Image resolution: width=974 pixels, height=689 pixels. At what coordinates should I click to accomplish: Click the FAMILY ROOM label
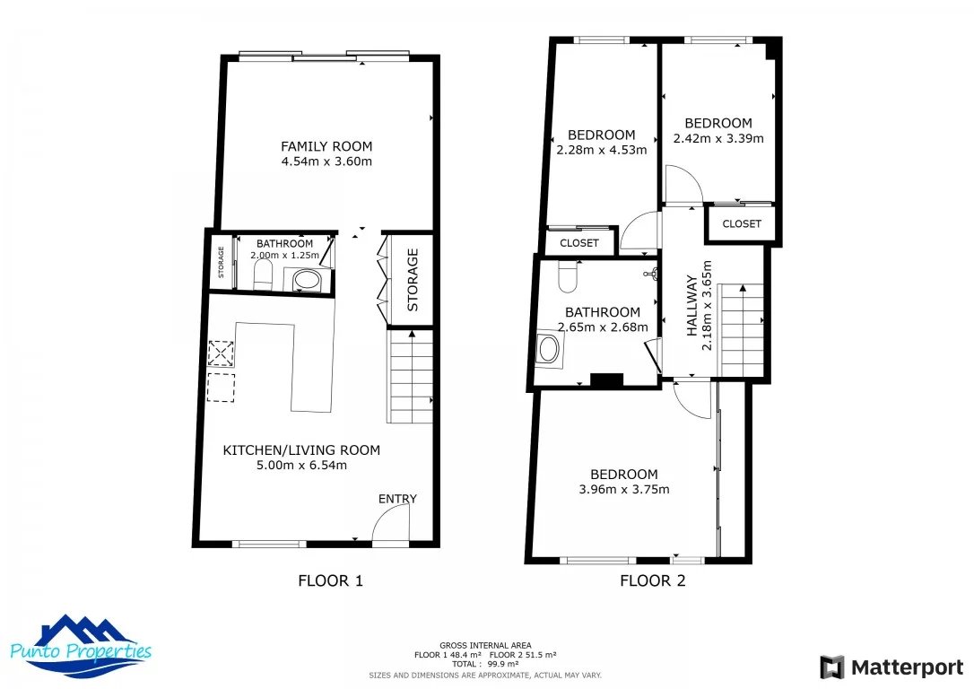[x=326, y=146]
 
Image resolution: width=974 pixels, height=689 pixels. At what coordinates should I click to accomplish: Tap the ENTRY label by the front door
[x=397, y=499]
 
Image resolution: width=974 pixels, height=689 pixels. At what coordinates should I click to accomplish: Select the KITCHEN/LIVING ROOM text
[x=301, y=450]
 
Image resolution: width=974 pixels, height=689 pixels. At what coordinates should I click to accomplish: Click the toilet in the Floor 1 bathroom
[x=264, y=275]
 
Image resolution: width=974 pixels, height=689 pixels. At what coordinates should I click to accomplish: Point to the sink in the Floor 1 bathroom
[x=306, y=280]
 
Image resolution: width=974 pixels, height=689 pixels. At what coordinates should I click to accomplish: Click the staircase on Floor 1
[x=410, y=377]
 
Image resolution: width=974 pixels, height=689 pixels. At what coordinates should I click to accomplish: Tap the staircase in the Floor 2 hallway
[x=741, y=330]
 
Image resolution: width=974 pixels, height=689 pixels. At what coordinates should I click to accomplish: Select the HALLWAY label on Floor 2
[x=691, y=306]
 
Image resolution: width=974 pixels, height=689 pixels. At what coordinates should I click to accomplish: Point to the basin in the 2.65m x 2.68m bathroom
[x=549, y=349]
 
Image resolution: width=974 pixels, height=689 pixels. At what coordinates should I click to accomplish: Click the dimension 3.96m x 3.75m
[x=624, y=490]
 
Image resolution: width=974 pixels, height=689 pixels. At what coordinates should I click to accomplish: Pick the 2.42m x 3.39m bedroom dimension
[x=718, y=138]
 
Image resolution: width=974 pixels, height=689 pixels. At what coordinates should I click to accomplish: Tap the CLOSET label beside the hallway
[x=742, y=223]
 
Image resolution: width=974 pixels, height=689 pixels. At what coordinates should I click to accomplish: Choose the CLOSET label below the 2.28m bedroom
[x=579, y=243]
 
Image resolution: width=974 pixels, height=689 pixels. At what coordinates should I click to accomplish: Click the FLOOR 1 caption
[x=330, y=581]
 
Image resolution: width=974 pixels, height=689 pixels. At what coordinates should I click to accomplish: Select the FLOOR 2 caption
[x=653, y=581]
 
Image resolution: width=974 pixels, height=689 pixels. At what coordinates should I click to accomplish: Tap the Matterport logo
[x=892, y=667]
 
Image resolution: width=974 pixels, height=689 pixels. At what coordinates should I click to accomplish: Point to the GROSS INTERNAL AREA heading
[x=485, y=646]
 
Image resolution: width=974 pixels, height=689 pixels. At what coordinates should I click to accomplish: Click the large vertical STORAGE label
[x=413, y=280]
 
